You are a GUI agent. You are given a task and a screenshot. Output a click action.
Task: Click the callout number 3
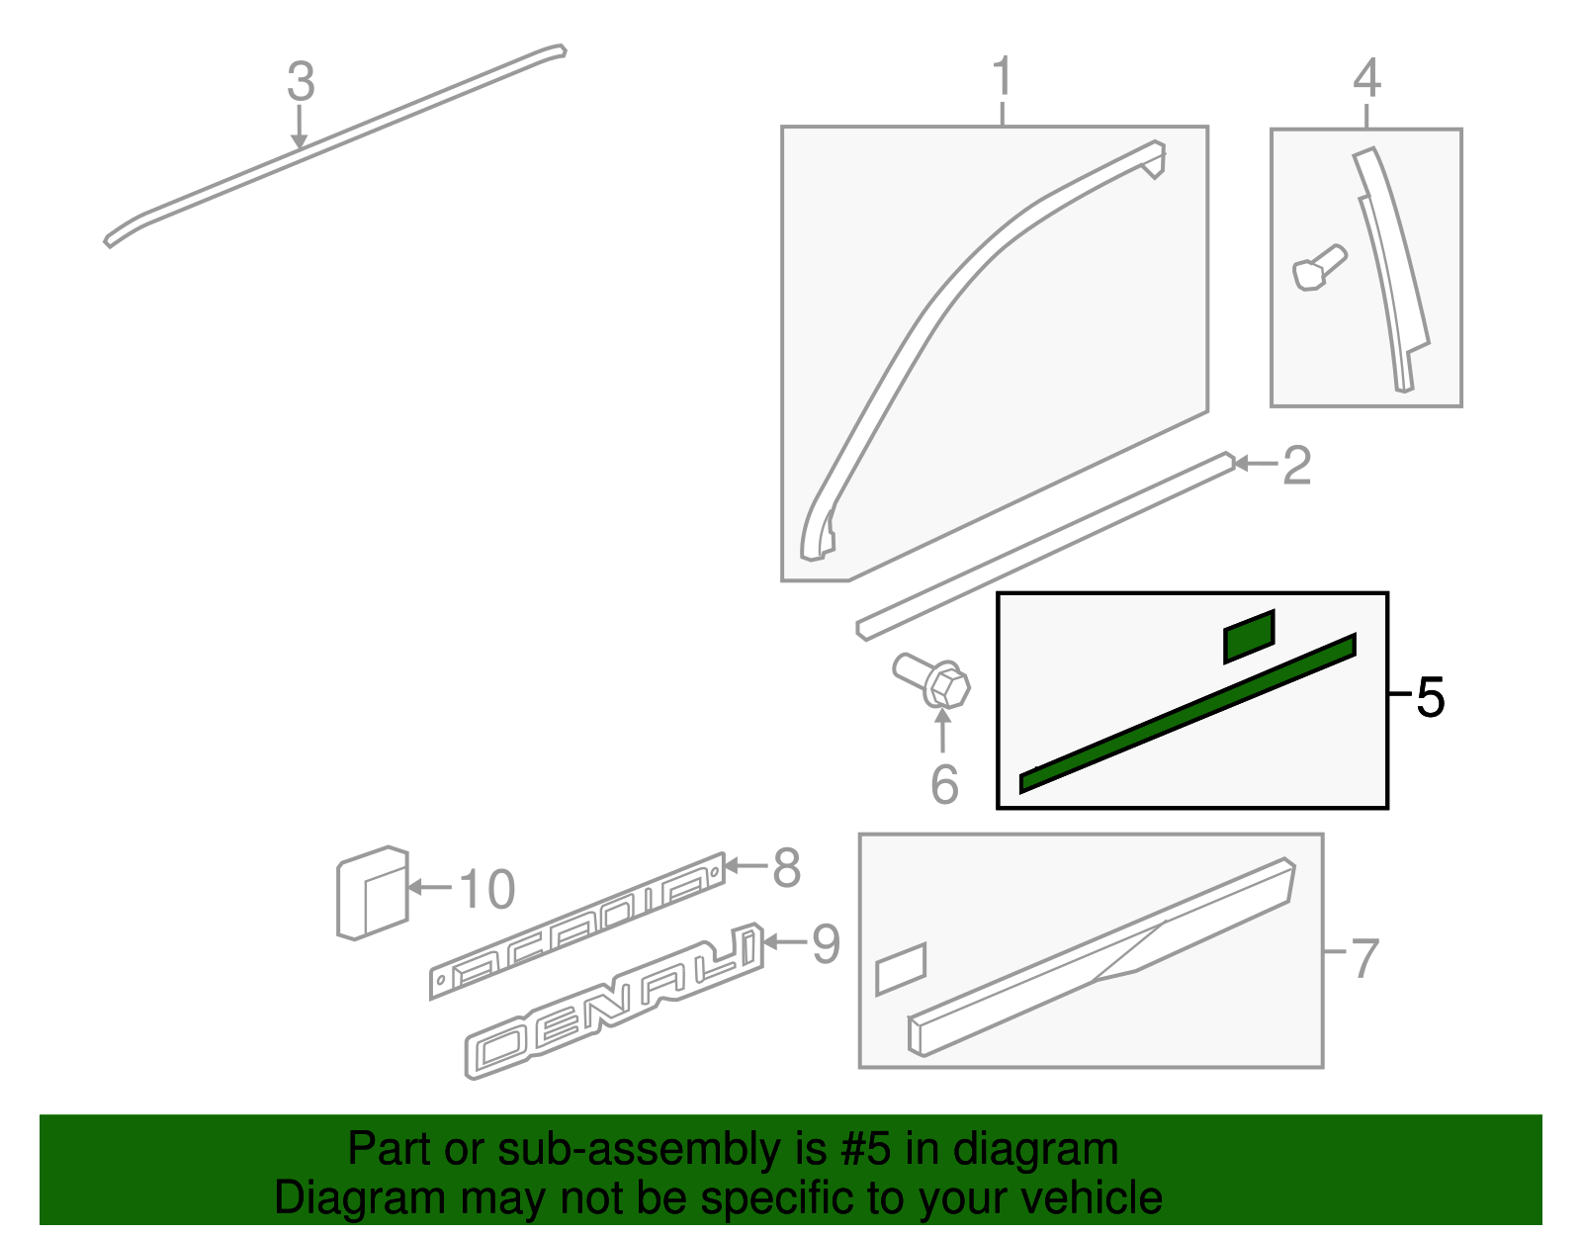click(301, 82)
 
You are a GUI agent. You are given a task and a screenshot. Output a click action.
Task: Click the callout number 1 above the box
click(1002, 77)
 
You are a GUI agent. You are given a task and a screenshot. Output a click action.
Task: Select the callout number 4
click(1366, 78)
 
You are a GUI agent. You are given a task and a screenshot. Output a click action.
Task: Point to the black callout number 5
click(1430, 698)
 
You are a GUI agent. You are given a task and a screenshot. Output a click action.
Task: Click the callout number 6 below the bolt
click(944, 785)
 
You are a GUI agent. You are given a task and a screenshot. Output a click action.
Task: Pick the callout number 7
click(1364, 957)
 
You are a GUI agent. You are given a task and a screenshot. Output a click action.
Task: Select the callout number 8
click(786, 868)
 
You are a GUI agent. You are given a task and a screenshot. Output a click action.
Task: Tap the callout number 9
click(826, 943)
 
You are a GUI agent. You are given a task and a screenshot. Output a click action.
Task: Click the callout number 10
click(487, 889)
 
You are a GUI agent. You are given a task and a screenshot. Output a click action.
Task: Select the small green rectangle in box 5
click(1249, 636)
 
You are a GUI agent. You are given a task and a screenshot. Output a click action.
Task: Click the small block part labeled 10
click(372, 893)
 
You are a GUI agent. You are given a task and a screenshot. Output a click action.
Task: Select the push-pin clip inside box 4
click(1319, 267)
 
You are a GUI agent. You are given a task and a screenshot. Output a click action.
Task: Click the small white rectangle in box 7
click(901, 968)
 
